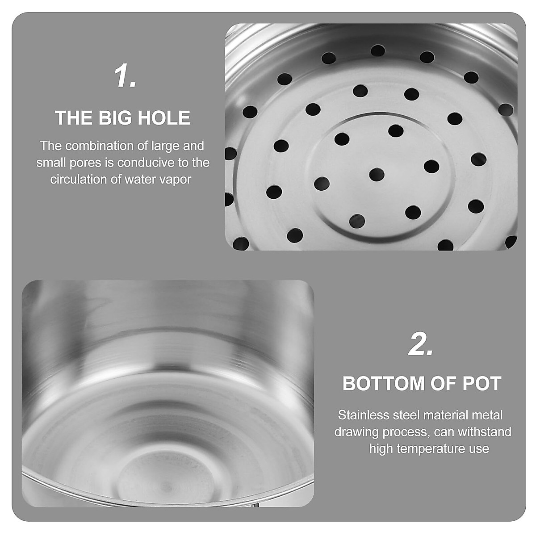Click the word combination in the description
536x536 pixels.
97,146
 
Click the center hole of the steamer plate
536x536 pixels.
377,174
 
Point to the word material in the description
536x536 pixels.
437,415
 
